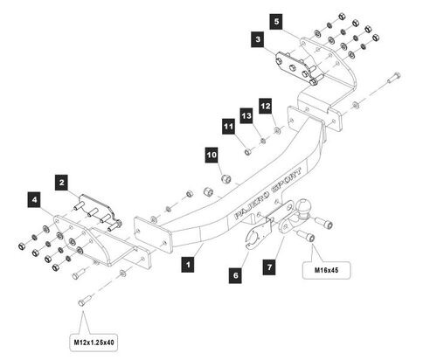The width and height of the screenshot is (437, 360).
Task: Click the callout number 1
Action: tap(188, 265)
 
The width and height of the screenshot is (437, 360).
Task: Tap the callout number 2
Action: tap(61, 183)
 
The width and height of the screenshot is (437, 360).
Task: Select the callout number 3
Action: tap(258, 39)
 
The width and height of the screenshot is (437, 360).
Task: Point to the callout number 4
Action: tap(34, 200)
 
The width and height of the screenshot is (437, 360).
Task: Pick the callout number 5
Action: tap(276, 21)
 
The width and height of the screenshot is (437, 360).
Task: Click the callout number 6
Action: tap(235, 275)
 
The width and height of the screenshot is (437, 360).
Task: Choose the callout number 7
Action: tap(269, 267)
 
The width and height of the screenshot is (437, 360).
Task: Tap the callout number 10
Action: tap(212, 155)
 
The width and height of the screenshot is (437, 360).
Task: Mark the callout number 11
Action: tap(229, 127)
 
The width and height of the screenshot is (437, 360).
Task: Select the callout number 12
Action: tap(266, 106)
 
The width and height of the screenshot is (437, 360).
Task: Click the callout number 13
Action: tap(246, 115)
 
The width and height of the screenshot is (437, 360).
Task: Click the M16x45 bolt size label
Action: tap(326, 270)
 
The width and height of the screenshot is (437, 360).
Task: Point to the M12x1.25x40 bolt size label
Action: tap(94, 343)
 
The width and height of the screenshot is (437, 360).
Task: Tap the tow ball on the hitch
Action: tap(303, 207)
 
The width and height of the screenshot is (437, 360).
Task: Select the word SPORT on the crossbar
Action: tap(287, 180)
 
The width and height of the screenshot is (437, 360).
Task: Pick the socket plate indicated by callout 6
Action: tap(258, 233)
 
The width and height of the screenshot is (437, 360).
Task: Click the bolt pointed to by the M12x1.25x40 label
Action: tap(85, 301)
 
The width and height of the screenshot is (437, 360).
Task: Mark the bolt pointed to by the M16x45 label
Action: tap(306, 235)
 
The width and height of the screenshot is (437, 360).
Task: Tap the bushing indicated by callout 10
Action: tap(226, 178)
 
